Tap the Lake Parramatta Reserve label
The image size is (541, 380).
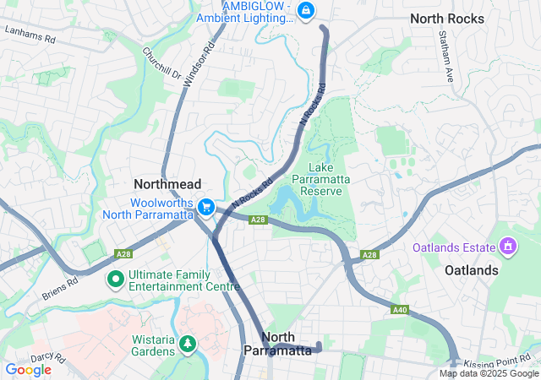[x=318, y=179]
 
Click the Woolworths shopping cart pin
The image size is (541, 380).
[x=205, y=207]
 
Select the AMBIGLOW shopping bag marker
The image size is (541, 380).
[x=306, y=11]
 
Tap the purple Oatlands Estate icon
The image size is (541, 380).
[x=508, y=247]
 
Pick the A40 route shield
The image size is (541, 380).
[x=400, y=311]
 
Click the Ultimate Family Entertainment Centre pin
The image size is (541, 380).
[x=114, y=278]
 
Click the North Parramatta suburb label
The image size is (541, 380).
[x=277, y=343]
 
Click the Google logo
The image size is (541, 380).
[x=29, y=370]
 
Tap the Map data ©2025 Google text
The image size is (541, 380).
[x=488, y=373]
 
